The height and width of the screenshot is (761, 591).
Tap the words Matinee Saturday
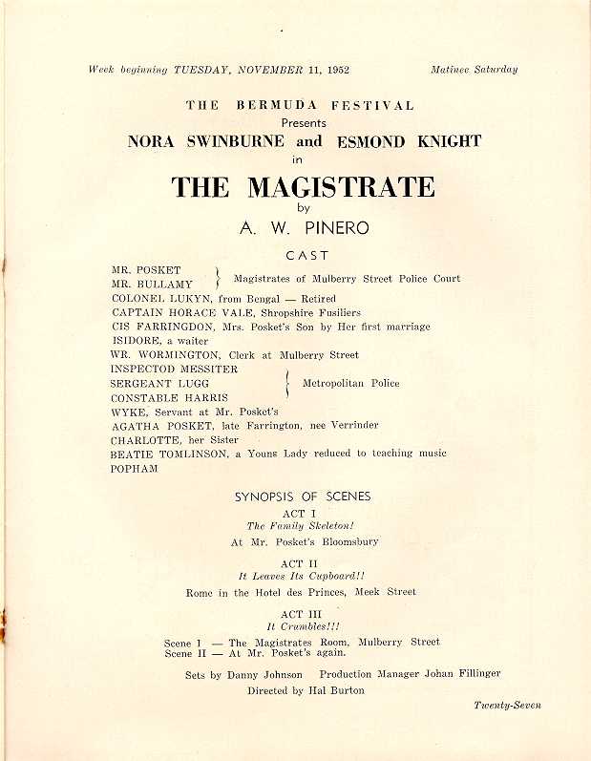coord(474,70)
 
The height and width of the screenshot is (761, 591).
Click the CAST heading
coord(306,256)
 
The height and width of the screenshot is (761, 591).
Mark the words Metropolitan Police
coord(350,384)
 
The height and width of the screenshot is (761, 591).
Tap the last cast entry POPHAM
coord(135,468)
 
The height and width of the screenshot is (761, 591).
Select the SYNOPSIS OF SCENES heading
coord(303,497)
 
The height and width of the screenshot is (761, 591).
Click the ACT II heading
coord(305,564)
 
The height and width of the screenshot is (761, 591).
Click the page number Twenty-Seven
coord(506,706)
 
